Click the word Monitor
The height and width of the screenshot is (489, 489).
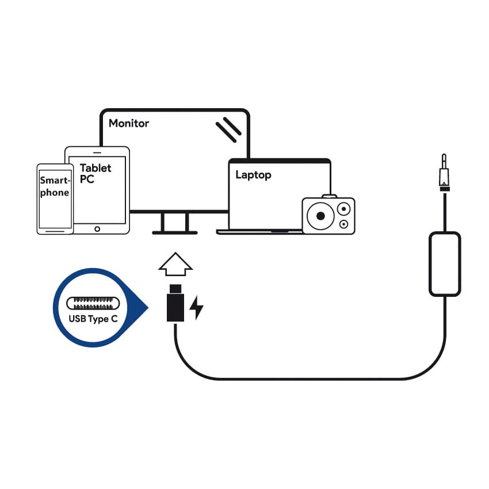tap(128, 123)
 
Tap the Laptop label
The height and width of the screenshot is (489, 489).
tap(253, 175)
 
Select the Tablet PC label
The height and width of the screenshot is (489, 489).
tap(95, 174)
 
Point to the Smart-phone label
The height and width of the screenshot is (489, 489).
tap(55, 186)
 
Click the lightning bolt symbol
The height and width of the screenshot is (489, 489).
tap(197, 308)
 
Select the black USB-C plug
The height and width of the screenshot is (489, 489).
tap(175, 305)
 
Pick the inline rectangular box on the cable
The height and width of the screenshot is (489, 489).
tap(445, 263)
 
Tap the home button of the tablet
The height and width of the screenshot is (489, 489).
tap(97, 229)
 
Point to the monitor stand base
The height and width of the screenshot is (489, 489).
tap(175, 232)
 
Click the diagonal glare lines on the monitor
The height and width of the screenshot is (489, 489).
tap(228, 129)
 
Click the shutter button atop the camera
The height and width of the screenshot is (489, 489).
tap(329, 197)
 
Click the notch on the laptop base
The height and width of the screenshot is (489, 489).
tap(281, 231)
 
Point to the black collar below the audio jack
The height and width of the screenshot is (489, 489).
tap(444, 188)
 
